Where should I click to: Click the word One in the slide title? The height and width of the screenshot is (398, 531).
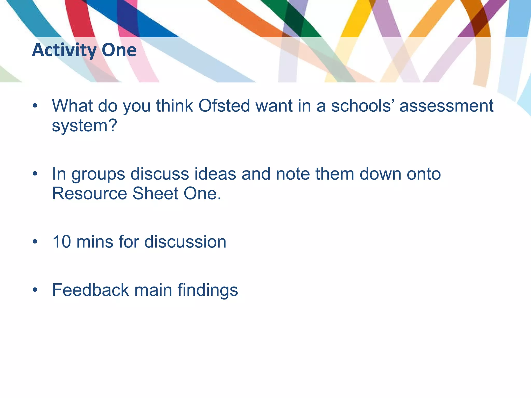(x=119, y=50)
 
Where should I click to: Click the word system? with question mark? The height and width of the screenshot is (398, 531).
(x=85, y=126)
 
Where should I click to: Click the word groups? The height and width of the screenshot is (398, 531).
(x=98, y=174)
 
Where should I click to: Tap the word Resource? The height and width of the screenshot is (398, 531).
(x=89, y=194)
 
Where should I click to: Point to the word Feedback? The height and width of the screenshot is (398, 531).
(x=90, y=290)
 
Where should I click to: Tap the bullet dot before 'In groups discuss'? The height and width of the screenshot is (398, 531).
(x=35, y=174)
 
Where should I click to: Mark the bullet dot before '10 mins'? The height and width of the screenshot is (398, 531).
(x=35, y=242)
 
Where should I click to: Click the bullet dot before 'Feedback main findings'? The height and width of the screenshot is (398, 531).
(x=35, y=290)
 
